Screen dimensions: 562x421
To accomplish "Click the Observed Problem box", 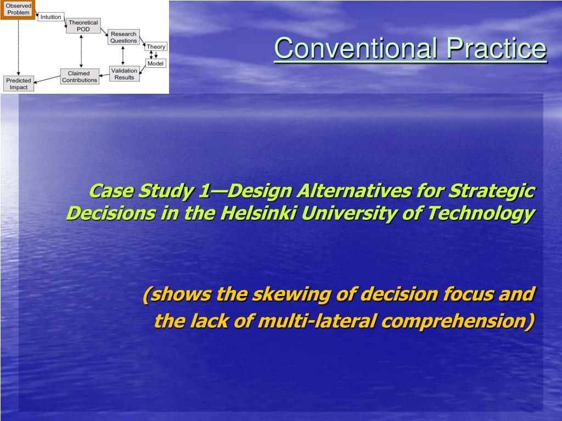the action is tap(18, 9).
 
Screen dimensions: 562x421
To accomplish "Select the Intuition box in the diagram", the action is tap(51, 17).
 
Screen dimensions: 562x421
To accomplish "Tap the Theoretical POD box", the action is tap(83, 26).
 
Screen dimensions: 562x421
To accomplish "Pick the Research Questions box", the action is tap(123, 37).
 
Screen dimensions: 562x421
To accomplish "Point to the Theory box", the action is tap(156, 47).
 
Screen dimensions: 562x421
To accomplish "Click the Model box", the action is tap(155, 64).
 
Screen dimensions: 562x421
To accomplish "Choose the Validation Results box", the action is tap(125, 74).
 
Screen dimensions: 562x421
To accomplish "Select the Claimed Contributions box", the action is tap(80, 77).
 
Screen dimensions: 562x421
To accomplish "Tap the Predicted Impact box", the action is tap(19, 84).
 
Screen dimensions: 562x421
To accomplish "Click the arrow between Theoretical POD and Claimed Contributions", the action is tap(81, 51).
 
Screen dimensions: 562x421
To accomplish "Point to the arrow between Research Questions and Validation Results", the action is tap(123, 55).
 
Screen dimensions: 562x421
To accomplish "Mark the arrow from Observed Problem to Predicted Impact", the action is tap(18, 47).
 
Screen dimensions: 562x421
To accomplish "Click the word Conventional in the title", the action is tap(356, 48).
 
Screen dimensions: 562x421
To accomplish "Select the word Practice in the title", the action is tap(496, 48).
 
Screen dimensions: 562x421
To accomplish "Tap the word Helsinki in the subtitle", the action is tap(258, 213).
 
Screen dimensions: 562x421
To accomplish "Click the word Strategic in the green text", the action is tap(492, 191).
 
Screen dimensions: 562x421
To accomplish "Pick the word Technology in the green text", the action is tap(481, 214).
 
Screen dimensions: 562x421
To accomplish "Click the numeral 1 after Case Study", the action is tap(203, 191).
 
